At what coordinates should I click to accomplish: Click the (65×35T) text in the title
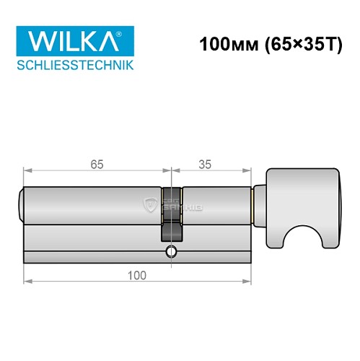[293, 44]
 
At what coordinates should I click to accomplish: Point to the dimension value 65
[97, 164]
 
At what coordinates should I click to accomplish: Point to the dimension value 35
[204, 164]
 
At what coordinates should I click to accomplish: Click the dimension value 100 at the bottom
[136, 274]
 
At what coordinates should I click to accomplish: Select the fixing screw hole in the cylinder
[170, 252]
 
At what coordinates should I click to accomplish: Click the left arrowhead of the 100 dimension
[27, 282]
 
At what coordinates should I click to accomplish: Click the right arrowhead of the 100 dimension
[246, 282]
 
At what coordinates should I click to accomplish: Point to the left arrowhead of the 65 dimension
[27, 171]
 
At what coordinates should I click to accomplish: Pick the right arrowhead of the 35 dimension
[246, 171]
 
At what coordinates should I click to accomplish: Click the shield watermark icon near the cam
[150, 205]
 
